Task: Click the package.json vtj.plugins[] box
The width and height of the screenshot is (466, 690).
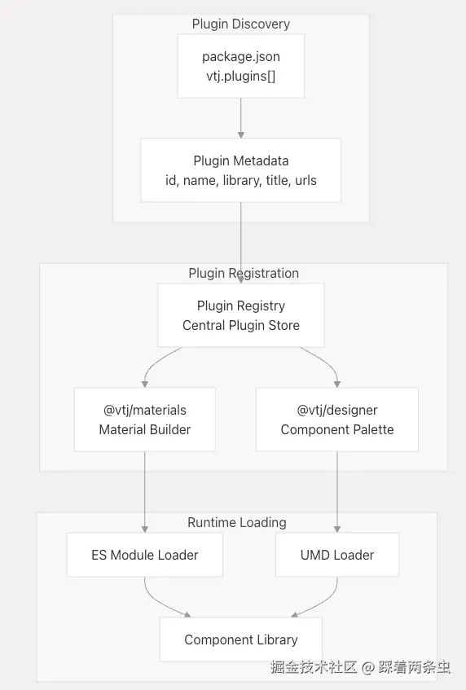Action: coord(240,66)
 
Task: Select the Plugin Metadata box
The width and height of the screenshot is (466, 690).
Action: coord(240,170)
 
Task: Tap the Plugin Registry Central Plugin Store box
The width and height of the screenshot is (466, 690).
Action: coord(240,315)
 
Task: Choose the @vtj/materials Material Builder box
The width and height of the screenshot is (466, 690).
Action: coord(145,420)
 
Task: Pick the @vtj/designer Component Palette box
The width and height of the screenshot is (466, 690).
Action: coord(337,420)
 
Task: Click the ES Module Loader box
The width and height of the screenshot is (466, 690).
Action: coord(145,555)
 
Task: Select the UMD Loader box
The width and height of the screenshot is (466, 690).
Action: coord(337,555)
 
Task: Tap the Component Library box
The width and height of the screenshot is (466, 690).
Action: coord(240,639)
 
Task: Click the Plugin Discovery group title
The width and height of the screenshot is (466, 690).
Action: coord(240,24)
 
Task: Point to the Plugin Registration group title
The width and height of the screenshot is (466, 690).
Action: coord(244,273)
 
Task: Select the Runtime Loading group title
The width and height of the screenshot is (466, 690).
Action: coord(237,522)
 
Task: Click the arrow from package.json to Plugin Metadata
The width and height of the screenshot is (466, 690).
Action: coord(240,118)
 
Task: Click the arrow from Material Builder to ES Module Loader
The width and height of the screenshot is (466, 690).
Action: coord(145,492)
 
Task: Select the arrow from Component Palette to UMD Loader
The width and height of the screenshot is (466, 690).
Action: coord(337,492)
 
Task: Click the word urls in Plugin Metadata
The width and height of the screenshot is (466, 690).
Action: coord(306,180)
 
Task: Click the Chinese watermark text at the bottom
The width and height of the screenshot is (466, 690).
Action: coord(360,667)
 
